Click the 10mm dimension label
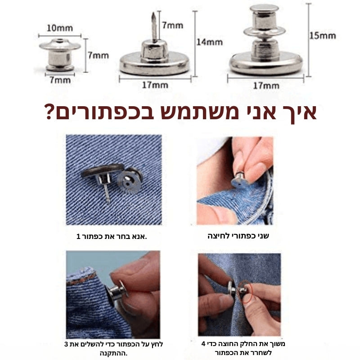(x=59, y=28)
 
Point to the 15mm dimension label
(x=322, y=35)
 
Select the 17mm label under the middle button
(x=156, y=84)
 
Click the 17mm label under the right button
(x=265, y=85)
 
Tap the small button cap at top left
(x=59, y=54)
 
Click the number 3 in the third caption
(x=67, y=344)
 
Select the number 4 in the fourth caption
(x=204, y=344)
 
